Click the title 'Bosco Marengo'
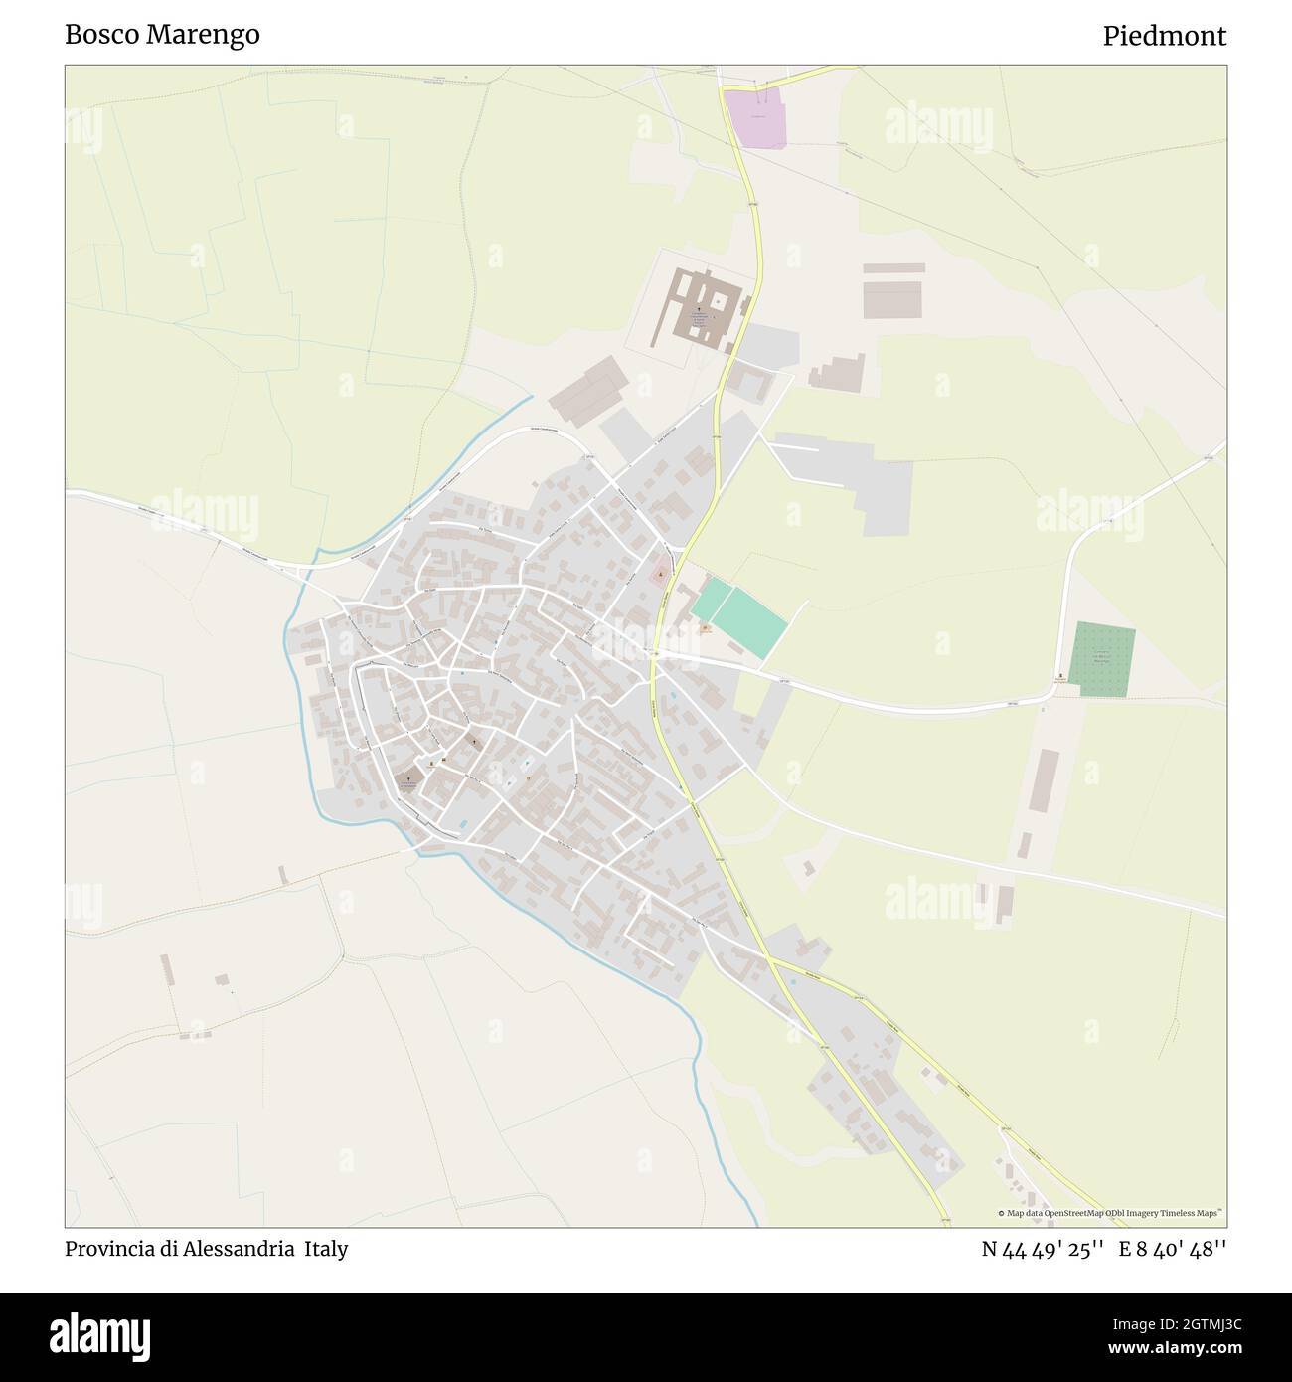[162, 35]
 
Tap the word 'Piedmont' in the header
[1164, 36]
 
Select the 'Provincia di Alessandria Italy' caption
[207, 1249]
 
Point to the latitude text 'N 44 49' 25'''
[1044, 1249]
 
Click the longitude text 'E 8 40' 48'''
[1173, 1249]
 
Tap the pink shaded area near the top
[756, 118]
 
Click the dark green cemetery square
[1101, 659]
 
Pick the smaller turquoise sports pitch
[712, 601]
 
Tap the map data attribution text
[1110, 1213]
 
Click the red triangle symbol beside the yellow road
[659, 574]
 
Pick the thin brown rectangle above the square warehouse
[893, 267]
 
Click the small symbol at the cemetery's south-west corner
[1061, 677]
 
